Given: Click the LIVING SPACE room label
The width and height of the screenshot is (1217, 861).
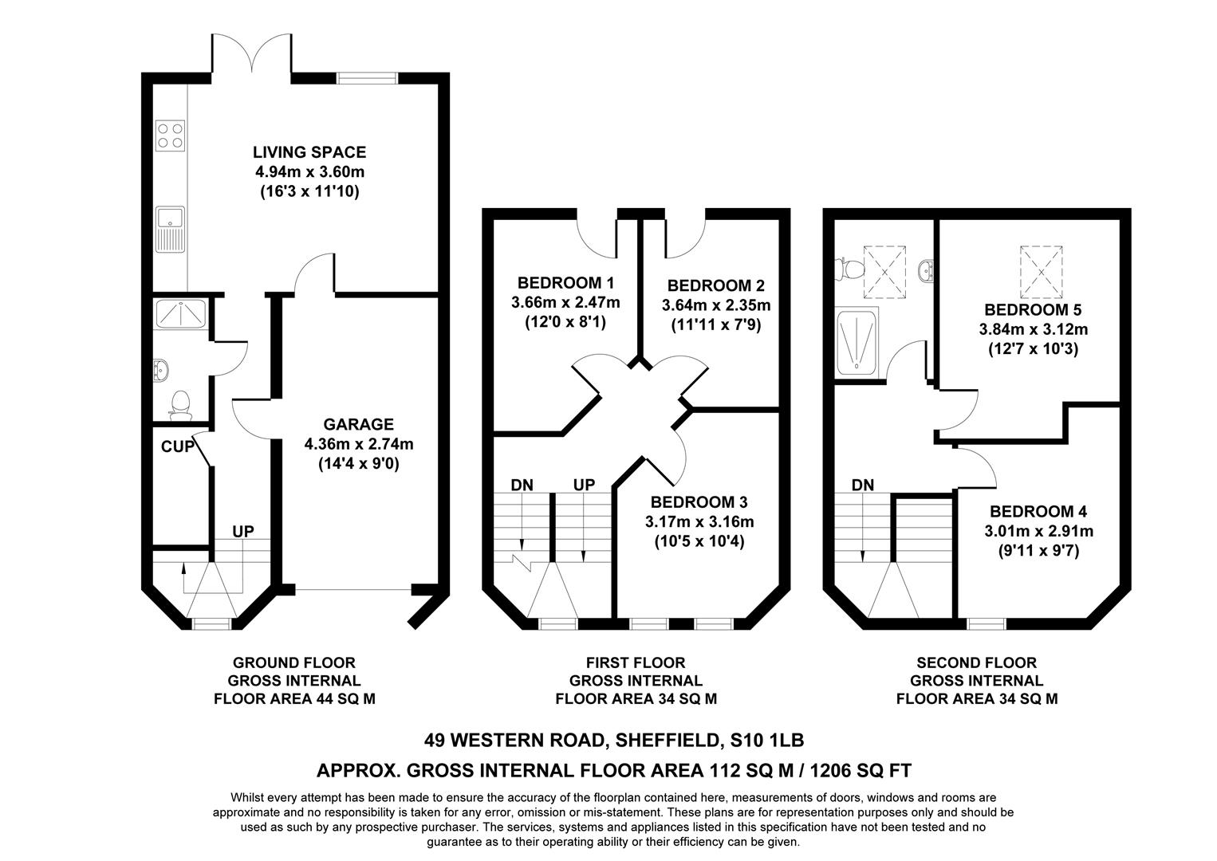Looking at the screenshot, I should (309, 152).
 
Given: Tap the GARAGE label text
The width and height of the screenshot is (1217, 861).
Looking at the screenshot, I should (358, 424).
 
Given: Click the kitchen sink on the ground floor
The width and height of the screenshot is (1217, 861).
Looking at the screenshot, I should (170, 228).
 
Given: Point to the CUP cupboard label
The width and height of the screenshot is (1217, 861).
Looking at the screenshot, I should (177, 447).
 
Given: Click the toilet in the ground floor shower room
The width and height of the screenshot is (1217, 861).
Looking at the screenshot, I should (180, 404).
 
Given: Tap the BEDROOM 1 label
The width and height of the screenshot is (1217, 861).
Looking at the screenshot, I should (565, 282).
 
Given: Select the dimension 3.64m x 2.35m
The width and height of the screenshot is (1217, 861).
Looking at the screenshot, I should (715, 305).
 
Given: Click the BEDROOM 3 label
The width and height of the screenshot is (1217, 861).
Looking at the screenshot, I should (699, 502).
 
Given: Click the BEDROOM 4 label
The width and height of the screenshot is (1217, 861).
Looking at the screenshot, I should (1038, 512).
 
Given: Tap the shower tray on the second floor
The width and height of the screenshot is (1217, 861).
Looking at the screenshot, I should (857, 342).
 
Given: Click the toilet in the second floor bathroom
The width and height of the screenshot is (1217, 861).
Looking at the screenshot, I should (848, 269).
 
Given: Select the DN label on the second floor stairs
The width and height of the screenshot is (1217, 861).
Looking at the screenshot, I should (862, 485).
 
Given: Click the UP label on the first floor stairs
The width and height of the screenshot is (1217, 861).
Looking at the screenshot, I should (584, 485).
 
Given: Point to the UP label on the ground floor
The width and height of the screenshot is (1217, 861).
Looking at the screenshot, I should (243, 531).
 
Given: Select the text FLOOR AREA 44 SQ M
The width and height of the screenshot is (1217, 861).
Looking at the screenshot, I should (293, 699).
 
